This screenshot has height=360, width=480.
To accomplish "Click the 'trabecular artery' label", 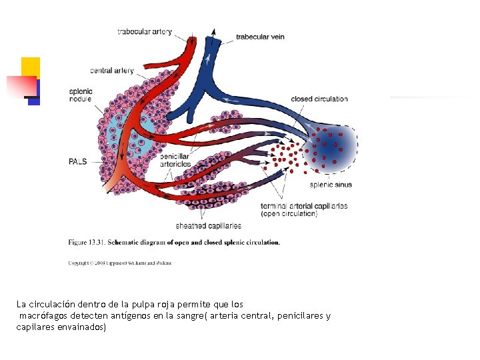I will (x=145, y=31).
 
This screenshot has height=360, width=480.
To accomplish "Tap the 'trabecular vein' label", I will (x=260, y=37).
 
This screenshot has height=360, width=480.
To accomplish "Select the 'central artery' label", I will (x=112, y=71).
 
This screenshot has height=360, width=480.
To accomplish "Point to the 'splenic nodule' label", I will (x=81, y=95).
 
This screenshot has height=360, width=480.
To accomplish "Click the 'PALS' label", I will (x=77, y=161).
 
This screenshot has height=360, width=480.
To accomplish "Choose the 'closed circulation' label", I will (x=319, y=99).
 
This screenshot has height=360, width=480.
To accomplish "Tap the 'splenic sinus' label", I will (x=331, y=185).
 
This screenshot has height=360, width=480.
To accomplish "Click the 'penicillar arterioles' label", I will (x=175, y=160).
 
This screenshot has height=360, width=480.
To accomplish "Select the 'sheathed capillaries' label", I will (x=209, y=225).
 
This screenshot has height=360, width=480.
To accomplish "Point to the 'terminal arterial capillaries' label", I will (x=305, y=206).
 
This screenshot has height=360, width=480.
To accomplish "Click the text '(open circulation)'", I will (x=289, y=214).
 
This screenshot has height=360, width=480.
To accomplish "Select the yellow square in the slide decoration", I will (x=30, y=67).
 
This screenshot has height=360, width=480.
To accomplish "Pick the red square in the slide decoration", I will (x=21, y=86).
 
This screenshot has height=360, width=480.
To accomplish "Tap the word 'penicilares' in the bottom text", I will (x=301, y=315).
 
